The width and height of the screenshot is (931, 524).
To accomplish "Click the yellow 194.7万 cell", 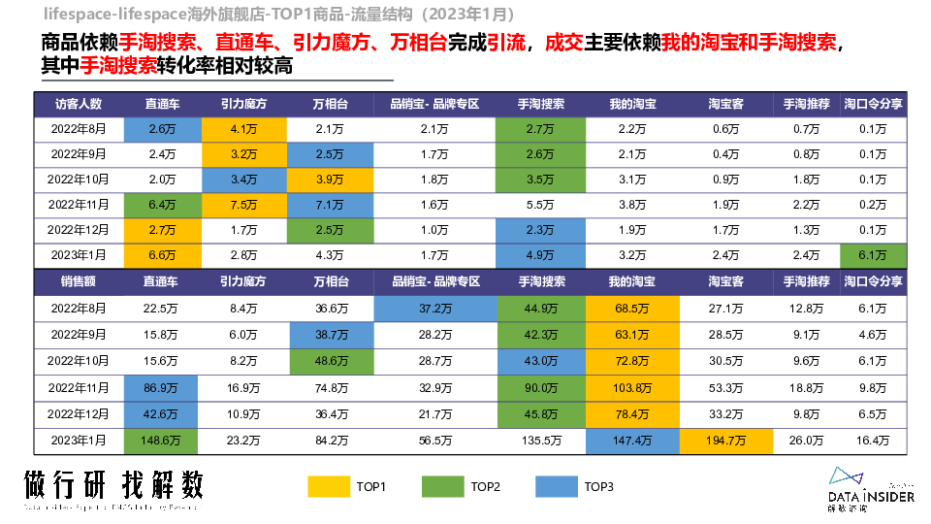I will pyautogui.click(x=725, y=440).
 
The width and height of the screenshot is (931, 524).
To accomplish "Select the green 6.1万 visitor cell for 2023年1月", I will pyautogui.click(x=873, y=255).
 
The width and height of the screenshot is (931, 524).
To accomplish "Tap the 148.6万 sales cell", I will pyautogui.click(x=160, y=440).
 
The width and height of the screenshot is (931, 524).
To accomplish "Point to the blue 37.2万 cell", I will pyautogui.click(x=435, y=309).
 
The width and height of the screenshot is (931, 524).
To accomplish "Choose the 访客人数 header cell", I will pyautogui.click(x=79, y=104).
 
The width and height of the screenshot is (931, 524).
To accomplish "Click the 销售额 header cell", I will pyautogui.click(x=79, y=281).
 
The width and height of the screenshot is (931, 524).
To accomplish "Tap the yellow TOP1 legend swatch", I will pyautogui.click(x=328, y=486).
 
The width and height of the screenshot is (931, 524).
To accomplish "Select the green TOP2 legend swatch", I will pyautogui.click(x=442, y=486).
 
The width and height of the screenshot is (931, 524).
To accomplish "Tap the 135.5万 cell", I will pyautogui.click(x=540, y=440).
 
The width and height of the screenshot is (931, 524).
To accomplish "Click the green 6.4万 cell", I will pyautogui.click(x=160, y=205).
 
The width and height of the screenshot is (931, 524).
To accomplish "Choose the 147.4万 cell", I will pyautogui.click(x=632, y=440).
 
